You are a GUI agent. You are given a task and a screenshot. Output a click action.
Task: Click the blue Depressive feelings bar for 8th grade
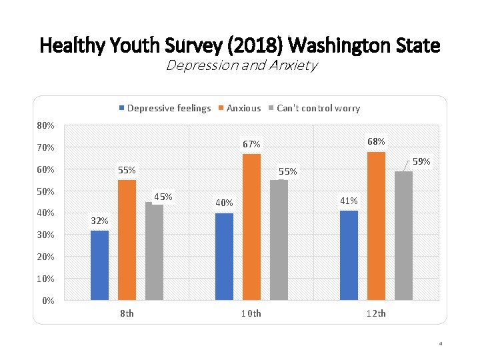coord(99,265)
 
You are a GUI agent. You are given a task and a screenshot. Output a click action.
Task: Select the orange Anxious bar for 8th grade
coord(127,239)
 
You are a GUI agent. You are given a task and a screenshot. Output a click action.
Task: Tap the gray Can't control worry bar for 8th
coord(154,251)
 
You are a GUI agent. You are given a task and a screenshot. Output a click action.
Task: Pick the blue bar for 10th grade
coord(225,256)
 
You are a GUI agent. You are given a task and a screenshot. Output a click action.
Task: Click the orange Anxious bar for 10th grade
coord(251,227)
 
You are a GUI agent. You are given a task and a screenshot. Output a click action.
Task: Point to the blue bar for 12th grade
coord(349,255)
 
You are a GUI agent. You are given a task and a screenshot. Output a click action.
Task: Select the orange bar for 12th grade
coord(376,225)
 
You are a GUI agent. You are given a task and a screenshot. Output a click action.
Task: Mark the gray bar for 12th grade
coord(403,235)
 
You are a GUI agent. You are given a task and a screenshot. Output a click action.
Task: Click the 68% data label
coord(376,141)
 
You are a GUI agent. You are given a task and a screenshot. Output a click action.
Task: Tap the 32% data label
coord(99,221)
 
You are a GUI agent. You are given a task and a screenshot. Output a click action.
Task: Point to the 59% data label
coord(422,161)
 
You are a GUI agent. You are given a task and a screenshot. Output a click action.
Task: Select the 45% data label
coord(163,196)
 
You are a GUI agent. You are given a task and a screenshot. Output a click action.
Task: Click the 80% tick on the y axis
coord(46,125)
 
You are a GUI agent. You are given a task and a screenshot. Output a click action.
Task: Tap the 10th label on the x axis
coord(251,313)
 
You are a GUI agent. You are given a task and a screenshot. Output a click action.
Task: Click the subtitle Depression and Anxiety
coord(241,65)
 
